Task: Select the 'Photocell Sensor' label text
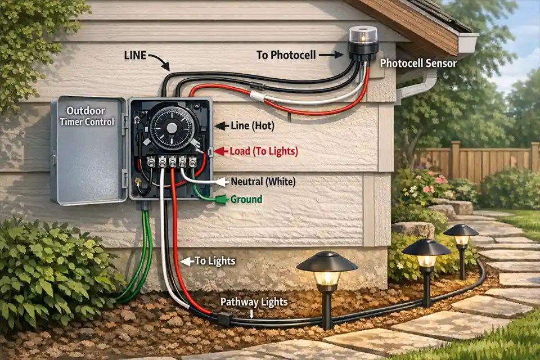click(x=418, y=64)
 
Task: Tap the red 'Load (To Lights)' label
click(x=263, y=151)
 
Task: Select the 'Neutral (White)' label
click(x=263, y=182)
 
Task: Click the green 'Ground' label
click(x=246, y=199)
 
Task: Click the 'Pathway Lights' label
click(x=254, y=302)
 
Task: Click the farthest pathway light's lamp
click(x=461, y=238)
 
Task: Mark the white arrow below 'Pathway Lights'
click(x=252, y=315)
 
